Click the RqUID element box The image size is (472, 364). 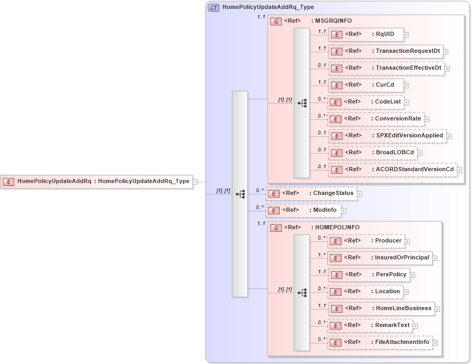(366, 35)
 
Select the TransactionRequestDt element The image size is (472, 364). (386, 52)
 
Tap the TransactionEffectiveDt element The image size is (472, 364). (386, 69)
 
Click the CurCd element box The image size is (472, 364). (366, 85)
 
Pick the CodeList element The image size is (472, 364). (365, 102)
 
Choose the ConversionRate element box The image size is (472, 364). (375, 119)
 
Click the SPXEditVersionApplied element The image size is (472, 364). (387, 136)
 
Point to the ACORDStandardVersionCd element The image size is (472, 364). (392, 170)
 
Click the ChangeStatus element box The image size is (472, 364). (311, 193)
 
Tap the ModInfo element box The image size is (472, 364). (303, 210)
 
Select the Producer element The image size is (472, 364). (366, 241)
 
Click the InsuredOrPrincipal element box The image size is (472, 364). (380, 258)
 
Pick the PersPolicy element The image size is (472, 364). (368, 275)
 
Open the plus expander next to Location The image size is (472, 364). (406, 292)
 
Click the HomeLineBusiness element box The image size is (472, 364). (381, 309)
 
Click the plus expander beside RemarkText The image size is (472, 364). (415, 326)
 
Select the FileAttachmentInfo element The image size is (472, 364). (380, 342)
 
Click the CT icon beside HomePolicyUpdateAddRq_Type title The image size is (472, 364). (214, 7)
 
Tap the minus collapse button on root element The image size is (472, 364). (196, 181)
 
